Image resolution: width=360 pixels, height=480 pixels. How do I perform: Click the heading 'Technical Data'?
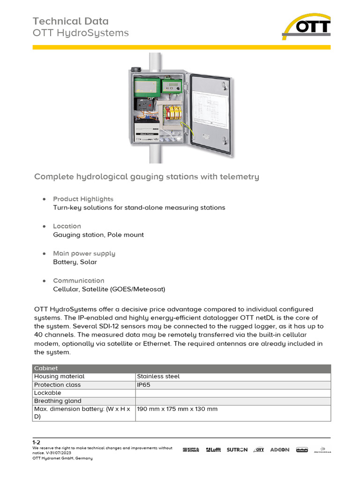tap(70, 21)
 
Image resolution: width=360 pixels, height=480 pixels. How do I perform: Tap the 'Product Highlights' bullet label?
tap(83, 199)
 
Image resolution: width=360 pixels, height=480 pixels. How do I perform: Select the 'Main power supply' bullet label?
tap(84, 254)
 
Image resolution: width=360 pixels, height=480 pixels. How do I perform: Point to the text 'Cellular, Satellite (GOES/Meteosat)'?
tap(109, 289)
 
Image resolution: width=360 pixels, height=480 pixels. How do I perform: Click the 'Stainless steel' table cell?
tap(158, 376)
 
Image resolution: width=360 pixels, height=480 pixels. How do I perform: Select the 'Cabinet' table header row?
tap(181, 368)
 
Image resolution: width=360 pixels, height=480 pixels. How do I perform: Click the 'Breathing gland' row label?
tap(58, 401)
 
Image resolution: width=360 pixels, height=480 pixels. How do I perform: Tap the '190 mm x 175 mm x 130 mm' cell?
tap(177, 409)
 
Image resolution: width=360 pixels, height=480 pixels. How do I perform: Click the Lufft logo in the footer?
tap(212, 450)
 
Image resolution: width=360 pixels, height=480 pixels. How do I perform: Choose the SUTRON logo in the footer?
tap(237, 450)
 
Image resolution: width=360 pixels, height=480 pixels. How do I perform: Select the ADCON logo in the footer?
tap(279, 450)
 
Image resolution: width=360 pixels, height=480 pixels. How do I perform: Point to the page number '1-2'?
tap(36, 442)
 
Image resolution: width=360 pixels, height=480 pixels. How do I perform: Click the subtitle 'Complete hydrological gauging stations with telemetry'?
tap(146, 177)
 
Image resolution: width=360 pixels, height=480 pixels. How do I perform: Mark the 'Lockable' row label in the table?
tap(47, 393)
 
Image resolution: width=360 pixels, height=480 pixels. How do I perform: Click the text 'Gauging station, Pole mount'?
tap(98, 235)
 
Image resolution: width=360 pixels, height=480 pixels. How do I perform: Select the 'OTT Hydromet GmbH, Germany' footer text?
tap(62, 458)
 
